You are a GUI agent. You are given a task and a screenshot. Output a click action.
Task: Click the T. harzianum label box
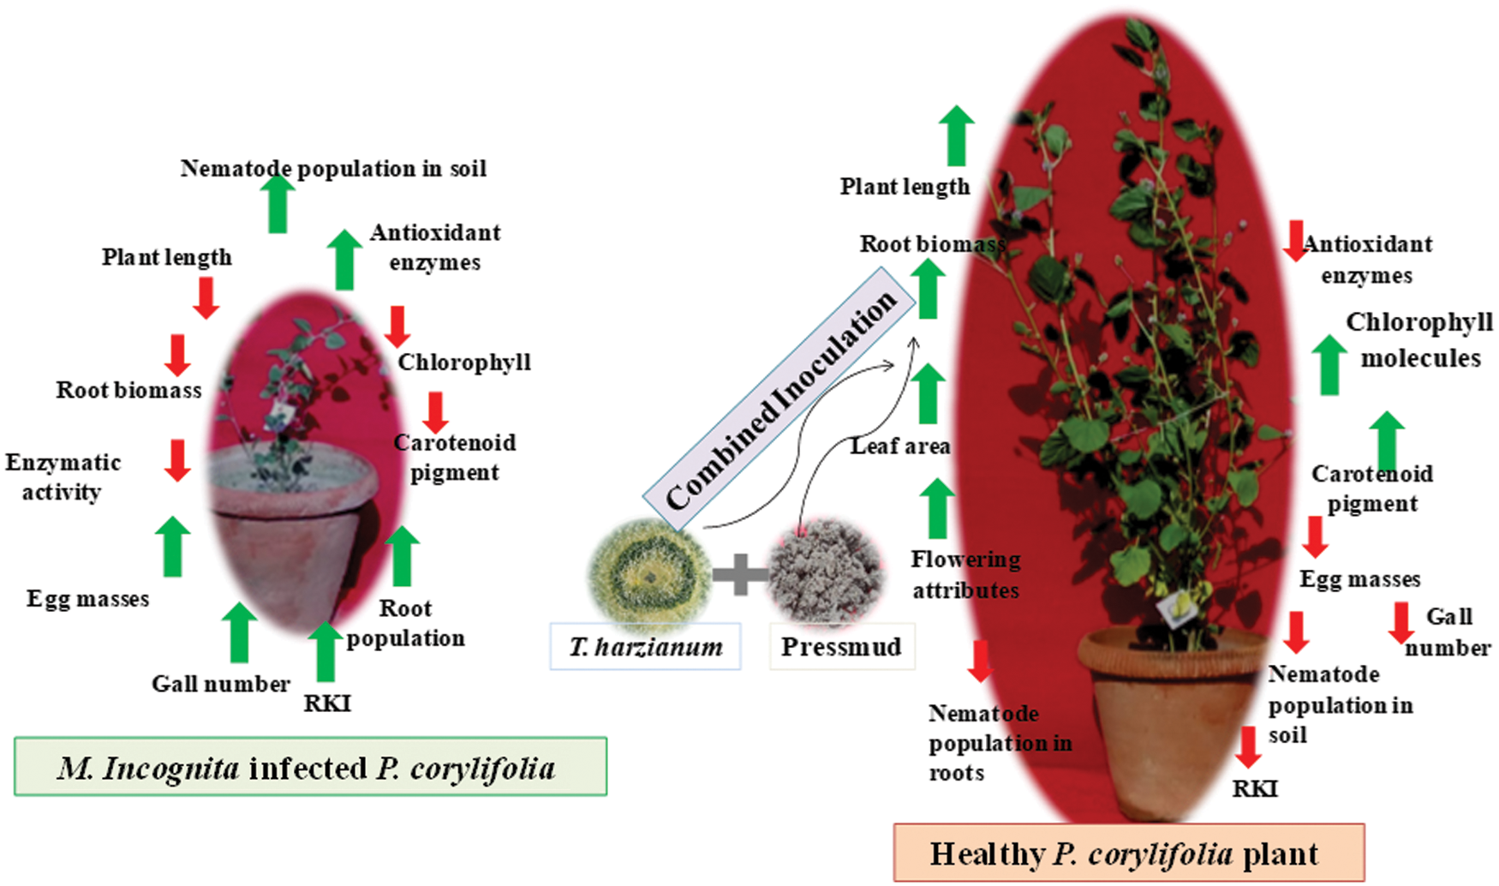(x=645, y=646)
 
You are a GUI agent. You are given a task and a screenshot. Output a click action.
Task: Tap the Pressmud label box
(x=841, y=646)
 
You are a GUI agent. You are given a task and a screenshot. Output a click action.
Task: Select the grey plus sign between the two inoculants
(x=740, y=574)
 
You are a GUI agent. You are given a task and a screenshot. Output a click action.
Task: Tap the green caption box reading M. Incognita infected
(x=310, y=767)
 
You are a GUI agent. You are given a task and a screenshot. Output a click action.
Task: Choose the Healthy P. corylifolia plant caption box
(x=1128, y=853)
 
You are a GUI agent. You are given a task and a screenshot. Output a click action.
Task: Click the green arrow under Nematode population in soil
(x=277, y=203)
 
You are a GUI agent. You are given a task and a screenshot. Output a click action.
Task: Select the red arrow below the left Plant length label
(x=206, y=298)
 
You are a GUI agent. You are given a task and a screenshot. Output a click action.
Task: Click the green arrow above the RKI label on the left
(x=325, y=652)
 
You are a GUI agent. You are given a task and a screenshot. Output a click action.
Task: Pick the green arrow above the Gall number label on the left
(x=239, y=632)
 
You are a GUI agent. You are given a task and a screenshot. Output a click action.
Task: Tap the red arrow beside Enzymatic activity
(x=177, y=460)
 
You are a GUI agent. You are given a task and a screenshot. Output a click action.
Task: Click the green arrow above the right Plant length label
(x=956, y=135)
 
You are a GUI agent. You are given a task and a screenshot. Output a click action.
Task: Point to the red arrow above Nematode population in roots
(x=980, y=661)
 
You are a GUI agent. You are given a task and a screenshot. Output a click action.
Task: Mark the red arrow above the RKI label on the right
(x=1248, y=746)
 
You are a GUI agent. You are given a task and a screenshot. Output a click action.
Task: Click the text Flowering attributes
(x=965, y=574)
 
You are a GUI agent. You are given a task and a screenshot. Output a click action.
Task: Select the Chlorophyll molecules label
(x=1419, y=339)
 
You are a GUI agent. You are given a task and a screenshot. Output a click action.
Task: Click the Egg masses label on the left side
(x=87, y=598)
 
